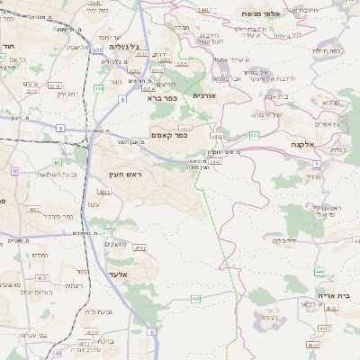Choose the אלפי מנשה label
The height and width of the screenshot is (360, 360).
click(262, 14)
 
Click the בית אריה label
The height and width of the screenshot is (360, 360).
click(337, 294)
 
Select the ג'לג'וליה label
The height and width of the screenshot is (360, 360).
click(125, 46)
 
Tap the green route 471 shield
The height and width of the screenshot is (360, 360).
click(108, 231)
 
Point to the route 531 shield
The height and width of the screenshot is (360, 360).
click(97, 50)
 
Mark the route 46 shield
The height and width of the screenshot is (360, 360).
click(58, 354)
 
